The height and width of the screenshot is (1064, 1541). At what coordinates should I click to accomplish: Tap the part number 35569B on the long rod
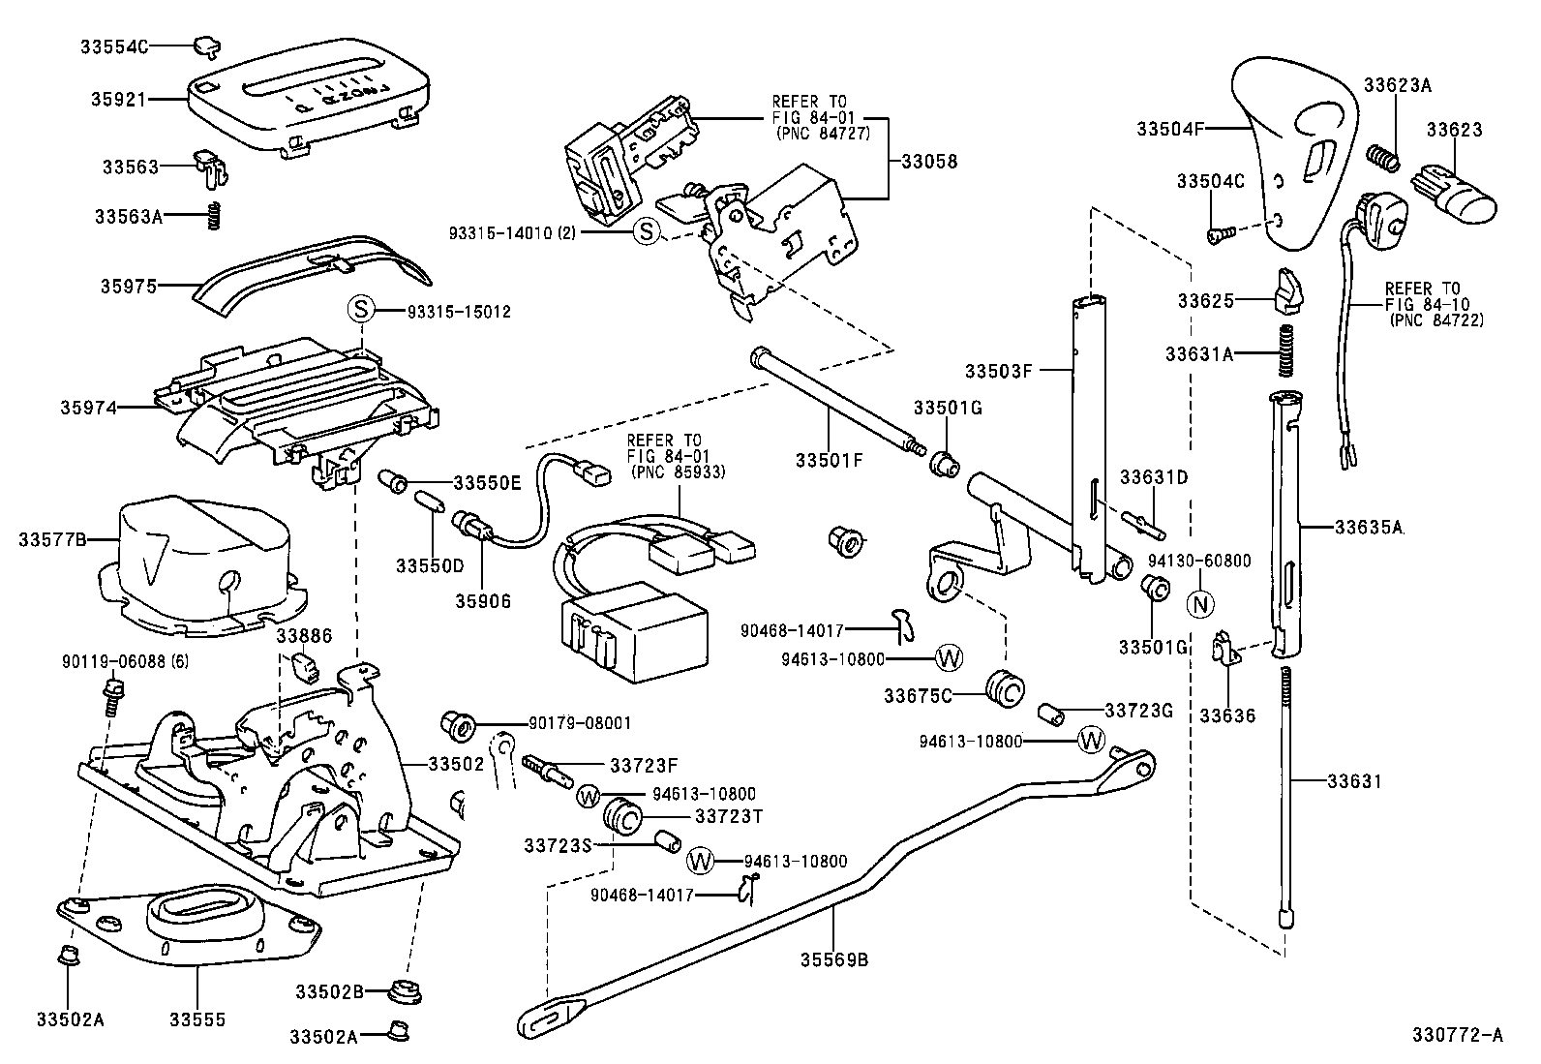(x=834, y=960)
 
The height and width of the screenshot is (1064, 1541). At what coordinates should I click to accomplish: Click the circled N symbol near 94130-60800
(x=1199, y=602)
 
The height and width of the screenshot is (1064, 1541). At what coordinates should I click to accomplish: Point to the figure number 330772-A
(x=1457, y=1036)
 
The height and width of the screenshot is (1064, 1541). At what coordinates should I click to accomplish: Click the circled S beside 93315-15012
(x=360, y=311)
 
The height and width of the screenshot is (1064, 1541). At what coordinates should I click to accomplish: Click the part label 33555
(x=197, y=1019)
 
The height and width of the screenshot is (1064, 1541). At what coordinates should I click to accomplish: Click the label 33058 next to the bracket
(x=929, y=161)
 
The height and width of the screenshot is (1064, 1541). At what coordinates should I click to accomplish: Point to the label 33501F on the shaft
(x=829, y=460)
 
